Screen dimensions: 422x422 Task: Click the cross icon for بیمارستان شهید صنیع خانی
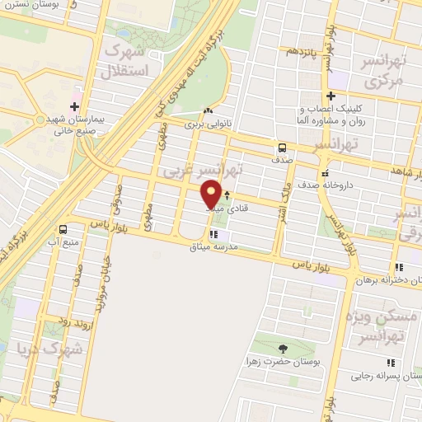click(x=75, y=107)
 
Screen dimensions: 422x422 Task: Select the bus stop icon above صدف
click(x=283, y=148)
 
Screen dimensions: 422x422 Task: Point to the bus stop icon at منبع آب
click(x=63, y=230)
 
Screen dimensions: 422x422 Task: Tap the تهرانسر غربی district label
click(x=203, y=171)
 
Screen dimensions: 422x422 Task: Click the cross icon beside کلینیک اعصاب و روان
click(x=331, y=95)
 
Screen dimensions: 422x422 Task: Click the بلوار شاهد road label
click(x=400, y=170)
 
